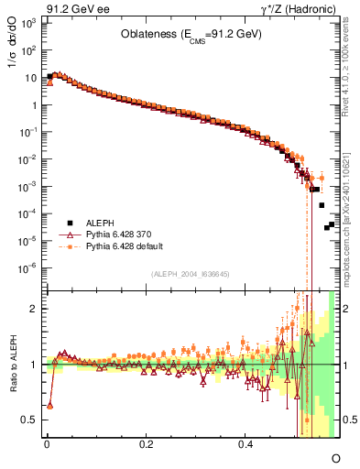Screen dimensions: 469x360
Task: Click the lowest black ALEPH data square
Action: pos(323,228)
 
